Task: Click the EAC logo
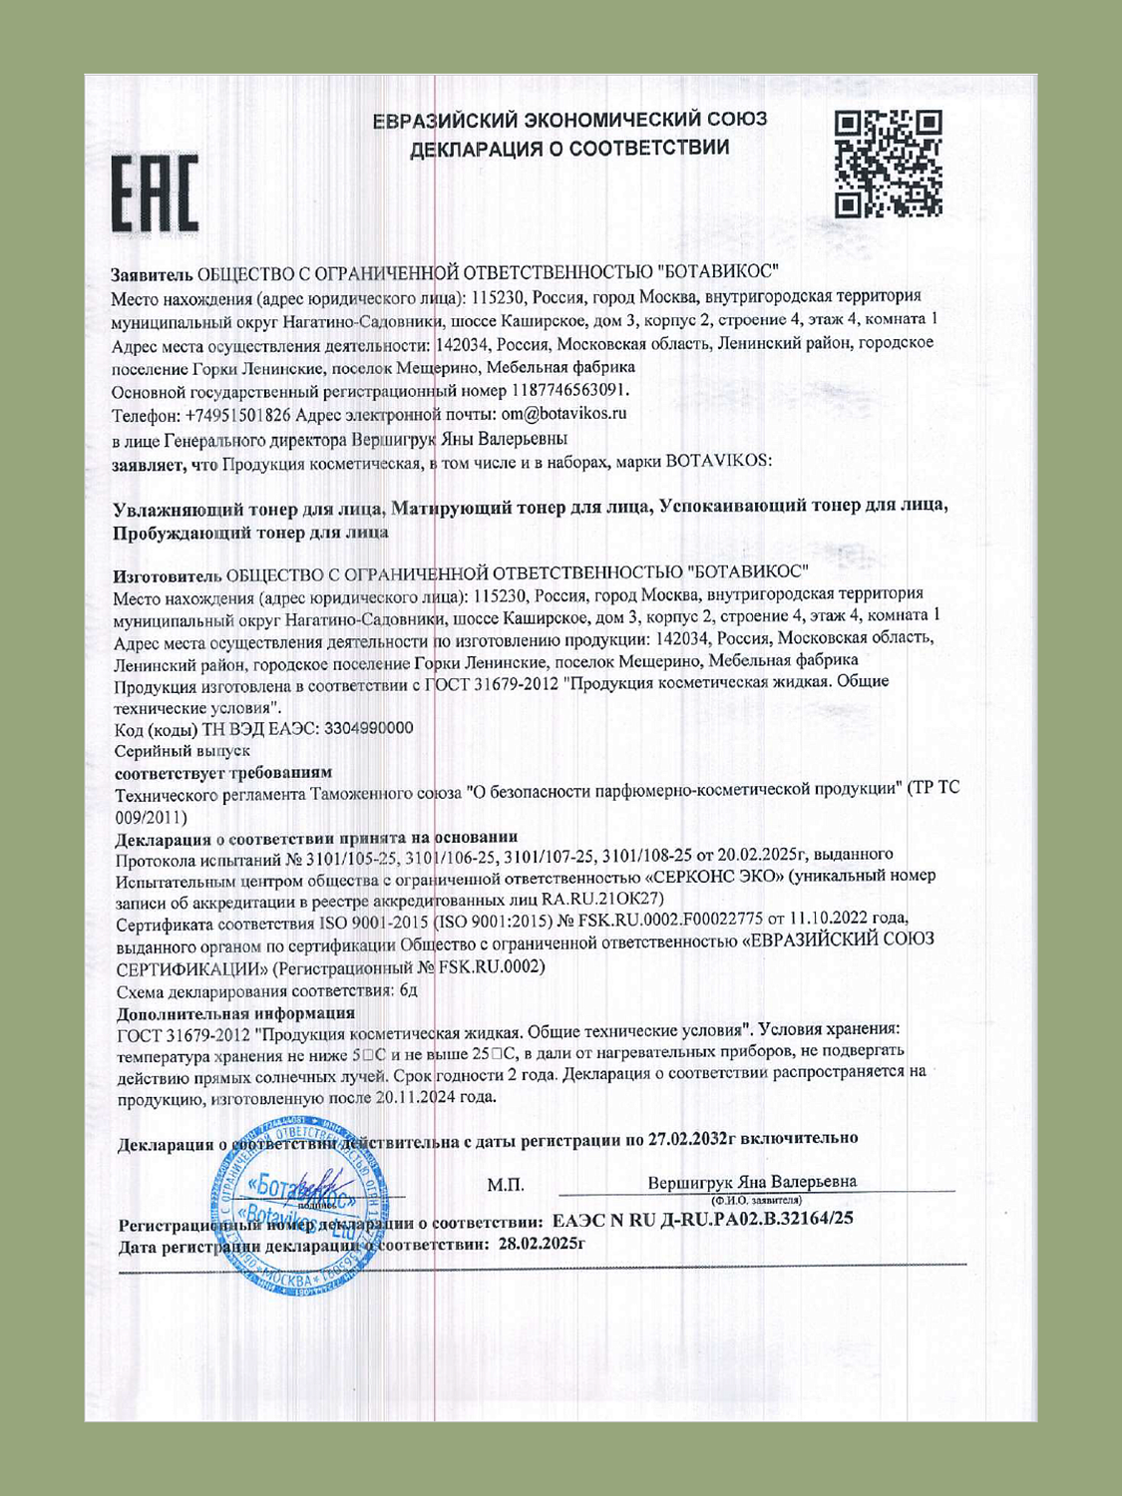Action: coord(154,193)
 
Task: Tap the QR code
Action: coord(888,165)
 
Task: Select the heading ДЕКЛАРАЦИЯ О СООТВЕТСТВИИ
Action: coord(569,149)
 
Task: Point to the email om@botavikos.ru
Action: coord(563,413)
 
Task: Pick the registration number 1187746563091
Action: coord(569,390)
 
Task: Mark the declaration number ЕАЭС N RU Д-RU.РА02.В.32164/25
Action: coord(702,1219)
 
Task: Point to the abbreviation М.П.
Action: coord(506,1185)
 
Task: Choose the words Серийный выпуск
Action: coord(182,750)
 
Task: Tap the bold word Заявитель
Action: coord(152,272)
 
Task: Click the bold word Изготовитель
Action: coord(167,573)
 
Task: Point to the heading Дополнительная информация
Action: coord(235,1013)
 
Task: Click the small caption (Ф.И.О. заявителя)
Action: coord(757,1200)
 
